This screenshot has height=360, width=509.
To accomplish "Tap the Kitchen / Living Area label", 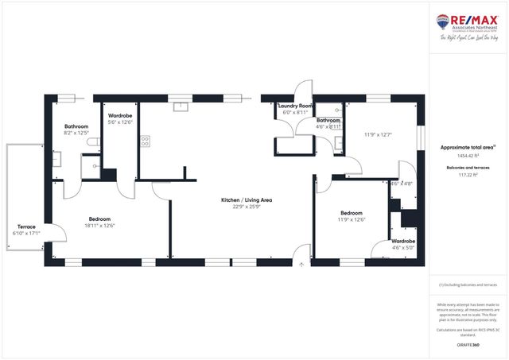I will pos(246,200).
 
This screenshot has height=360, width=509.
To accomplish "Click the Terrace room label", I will pos(25,227).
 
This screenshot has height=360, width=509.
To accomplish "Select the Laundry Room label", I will pos(296,106).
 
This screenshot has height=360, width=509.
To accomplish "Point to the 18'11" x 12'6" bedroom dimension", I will pos(99,226).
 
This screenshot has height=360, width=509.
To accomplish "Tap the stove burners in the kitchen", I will pos(146,141).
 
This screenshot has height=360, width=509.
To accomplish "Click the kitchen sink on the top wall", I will pos(181,104).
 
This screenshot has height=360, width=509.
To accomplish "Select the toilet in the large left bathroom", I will pos(93,141).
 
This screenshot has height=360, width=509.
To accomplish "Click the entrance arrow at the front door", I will pos(301,265).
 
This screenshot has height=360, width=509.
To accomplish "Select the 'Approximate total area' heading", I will pos(468,148).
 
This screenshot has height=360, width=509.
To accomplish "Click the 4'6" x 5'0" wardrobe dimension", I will pos(404,247).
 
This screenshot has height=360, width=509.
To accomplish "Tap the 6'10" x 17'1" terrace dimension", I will pos(25,234).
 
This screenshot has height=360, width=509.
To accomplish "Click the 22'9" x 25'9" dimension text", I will pos(246,207).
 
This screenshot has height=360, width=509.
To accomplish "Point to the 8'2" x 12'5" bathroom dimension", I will pos(77,134).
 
